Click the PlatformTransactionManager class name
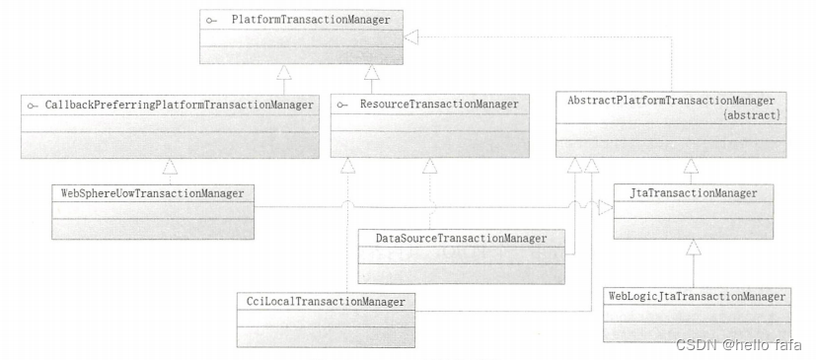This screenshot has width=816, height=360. click(x=311, y=21)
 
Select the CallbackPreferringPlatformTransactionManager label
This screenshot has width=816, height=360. click(x=179, y=106)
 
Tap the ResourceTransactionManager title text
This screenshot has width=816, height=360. click(x=439, y=104)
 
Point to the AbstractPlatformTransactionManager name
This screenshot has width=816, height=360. click(x=671, y=101)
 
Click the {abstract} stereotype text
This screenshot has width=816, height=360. click(x=752, y=115)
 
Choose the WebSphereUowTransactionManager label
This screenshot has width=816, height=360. click(x=153, y=193)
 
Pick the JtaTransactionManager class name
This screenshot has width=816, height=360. click(x=694, y=193)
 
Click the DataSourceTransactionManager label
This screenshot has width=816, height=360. click(x=461, y=239)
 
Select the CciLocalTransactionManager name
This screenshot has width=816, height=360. click(x=327, y=302)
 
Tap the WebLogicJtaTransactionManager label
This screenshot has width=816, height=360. click(x=697, y=297)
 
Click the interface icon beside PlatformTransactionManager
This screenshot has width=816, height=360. click(x=211, y=21)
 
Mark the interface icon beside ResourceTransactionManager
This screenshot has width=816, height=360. click(x=342, y=105)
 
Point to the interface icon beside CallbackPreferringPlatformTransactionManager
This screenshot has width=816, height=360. click(x=33, y=106)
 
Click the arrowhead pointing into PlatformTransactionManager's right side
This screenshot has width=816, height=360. click(x=411, y=36)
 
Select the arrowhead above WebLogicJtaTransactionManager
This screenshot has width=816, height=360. click(x=694, y=249)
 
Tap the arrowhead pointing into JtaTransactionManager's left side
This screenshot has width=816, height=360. click(x=606, y=207)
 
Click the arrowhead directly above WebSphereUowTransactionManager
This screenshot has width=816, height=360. click(x=170, y=167)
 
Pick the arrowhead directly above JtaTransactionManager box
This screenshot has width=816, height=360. click(x=691, y=166)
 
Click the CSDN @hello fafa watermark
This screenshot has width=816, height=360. click(x=738, y=344)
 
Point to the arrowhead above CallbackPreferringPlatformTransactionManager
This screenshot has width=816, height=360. click(x=283, y=72)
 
